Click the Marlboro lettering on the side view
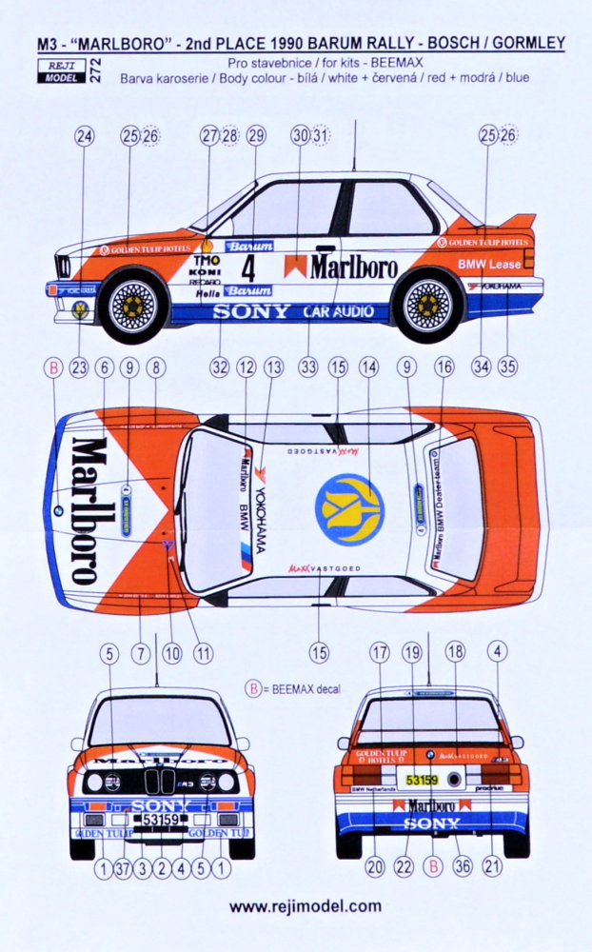click(x=352, y=267)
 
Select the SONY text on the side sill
click(x=251, y=310)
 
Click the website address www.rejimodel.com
click(x=306, y=906)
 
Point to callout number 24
click(x=84, y=136)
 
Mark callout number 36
click(x=463, y=867)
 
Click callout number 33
click(x=306, y=365)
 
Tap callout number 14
click(x=367, y=365)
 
